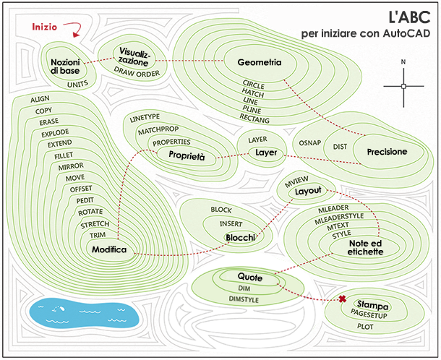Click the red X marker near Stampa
click(342, 299)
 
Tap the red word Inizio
click(44, 27)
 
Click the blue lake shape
click(84, 313)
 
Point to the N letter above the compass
click(403, 62)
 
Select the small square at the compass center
click(403, 86)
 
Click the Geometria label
click(260, 62)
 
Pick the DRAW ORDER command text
click(137, 72)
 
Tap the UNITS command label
click(77, 84)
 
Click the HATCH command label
click(253, 93)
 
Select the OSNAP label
click(309, 143)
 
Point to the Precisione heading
click(387, 152)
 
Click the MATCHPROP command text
click(158, 130)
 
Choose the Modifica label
click(109, 249)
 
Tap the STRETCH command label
click(95, 225)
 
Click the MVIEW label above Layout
click(296, 181)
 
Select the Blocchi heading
click(241, 238)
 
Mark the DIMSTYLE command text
click(244, 299)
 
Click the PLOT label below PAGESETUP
click(365, 327)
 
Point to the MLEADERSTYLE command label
click(339, 218)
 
